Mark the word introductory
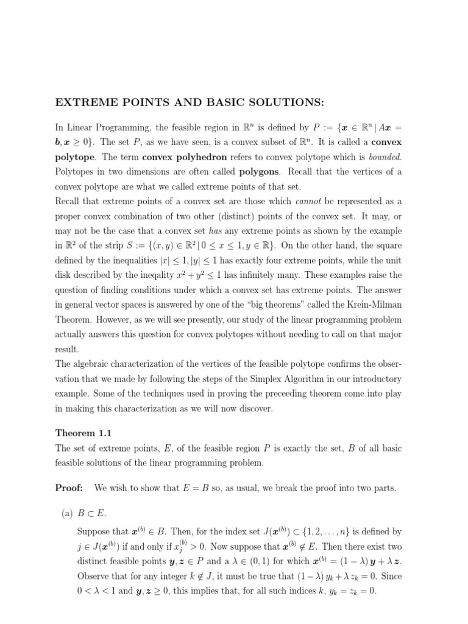pos(375,378)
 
